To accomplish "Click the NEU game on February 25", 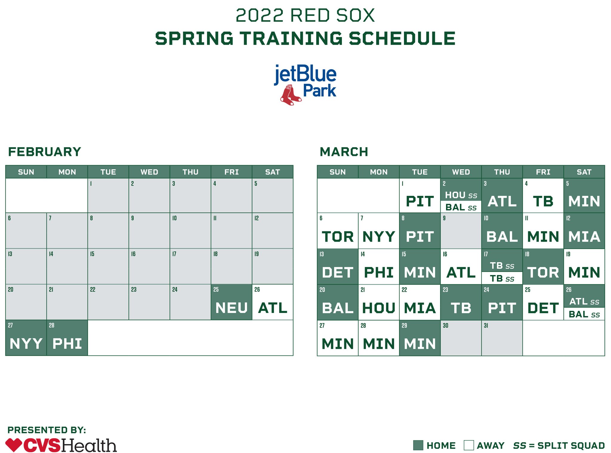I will click(231, 308).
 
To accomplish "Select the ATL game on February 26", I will click(272, 308).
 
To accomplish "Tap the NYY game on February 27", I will click(26, 343).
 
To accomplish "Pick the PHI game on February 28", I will click(67, 343).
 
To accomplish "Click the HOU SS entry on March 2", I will click(461, 195).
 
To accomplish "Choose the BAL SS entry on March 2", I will click(461, 207).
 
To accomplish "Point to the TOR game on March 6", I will click(337, 237).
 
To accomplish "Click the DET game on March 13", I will click(337, 272).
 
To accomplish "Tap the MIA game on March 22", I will click(420, 308).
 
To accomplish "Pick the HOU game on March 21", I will click(379, 308).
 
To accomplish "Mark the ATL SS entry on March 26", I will click(584, 301).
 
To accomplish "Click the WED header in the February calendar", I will click(149, 172).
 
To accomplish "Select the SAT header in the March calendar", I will click(584, 172).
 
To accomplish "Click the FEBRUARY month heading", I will click(44, 152).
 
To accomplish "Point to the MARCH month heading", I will click(344, 152).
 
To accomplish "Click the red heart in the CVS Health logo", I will click(13, 445).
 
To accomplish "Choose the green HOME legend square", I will click(418, 445).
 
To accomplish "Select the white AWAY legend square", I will click(469, 445).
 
